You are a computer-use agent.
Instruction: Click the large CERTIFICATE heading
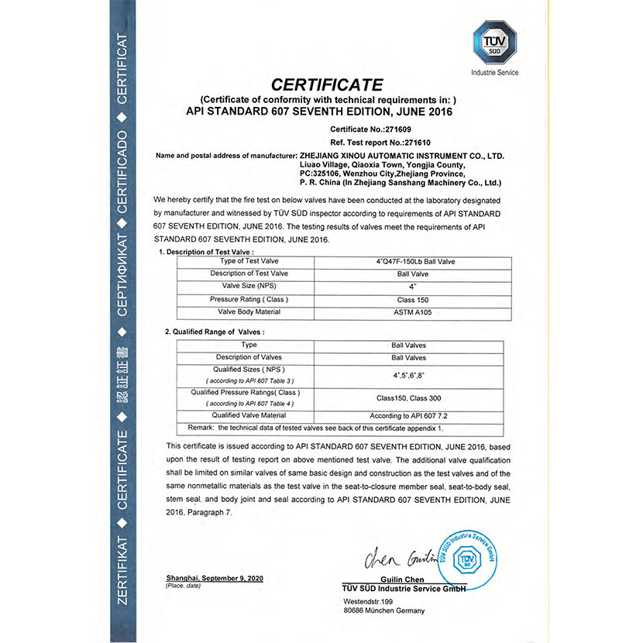point(327,84)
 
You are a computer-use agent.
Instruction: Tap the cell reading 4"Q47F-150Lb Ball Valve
point(415,262)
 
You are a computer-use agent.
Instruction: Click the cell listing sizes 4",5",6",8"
point(408,375)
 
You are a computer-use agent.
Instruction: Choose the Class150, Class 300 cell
point(408,397)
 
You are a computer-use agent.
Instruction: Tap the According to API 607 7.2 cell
point(408,416)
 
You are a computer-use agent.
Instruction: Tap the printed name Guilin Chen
point(401,580)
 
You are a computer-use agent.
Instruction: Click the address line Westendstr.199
point(369,601)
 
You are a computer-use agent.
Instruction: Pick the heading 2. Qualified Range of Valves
point(215,332)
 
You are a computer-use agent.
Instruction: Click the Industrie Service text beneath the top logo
point(494,73)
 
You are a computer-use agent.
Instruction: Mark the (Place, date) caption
point(184,586)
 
